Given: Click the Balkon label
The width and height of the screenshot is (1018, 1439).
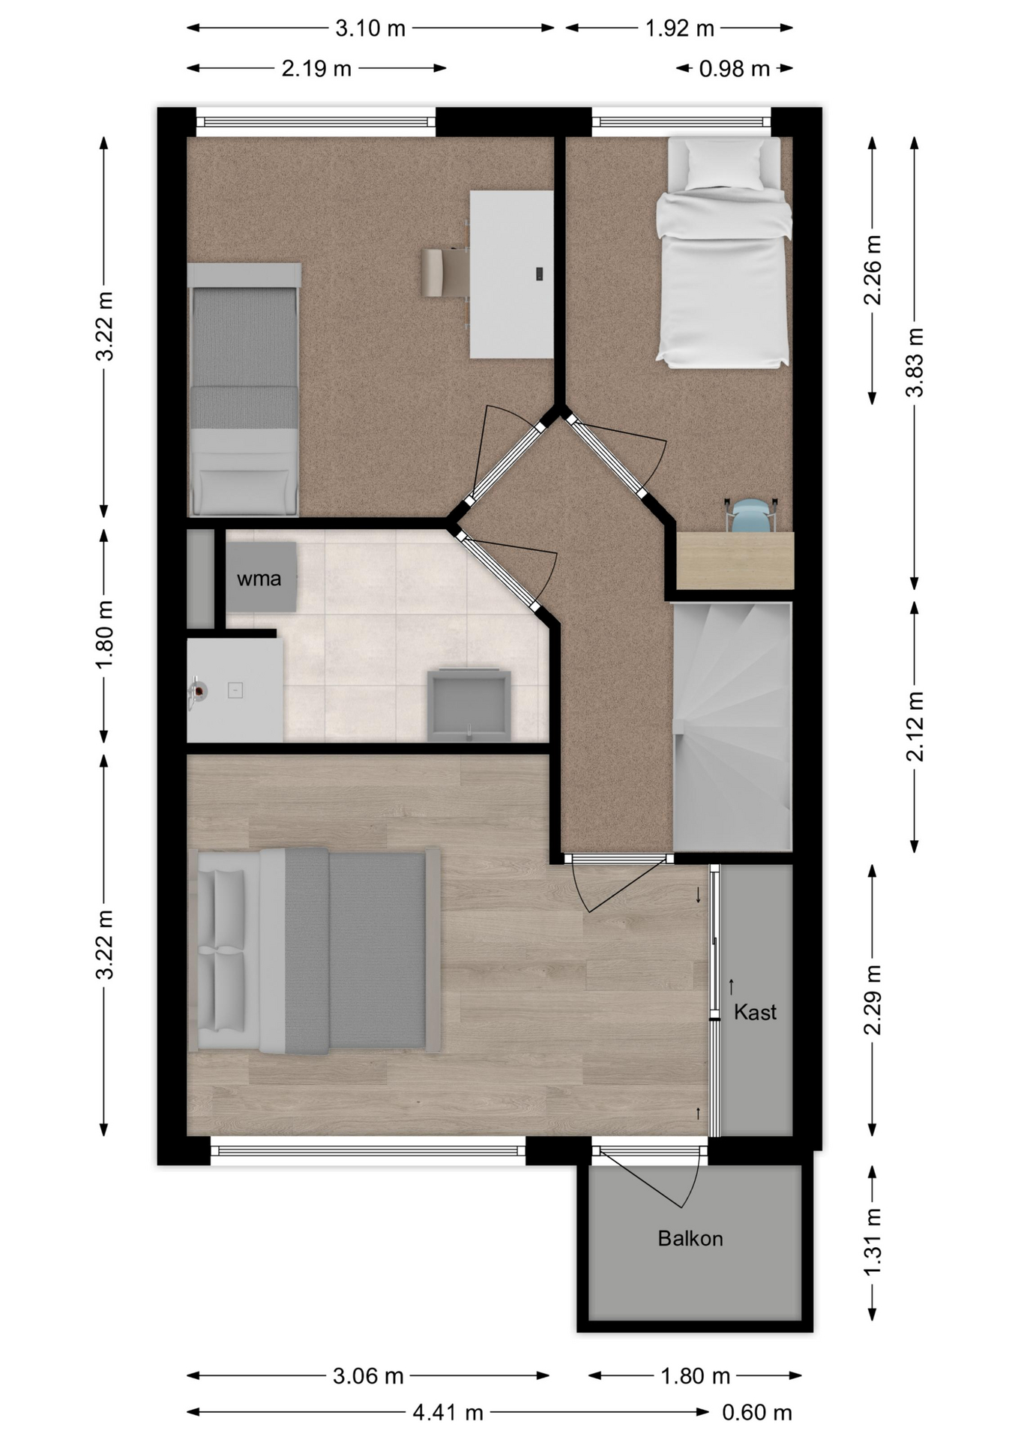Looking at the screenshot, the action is pos(690,1239).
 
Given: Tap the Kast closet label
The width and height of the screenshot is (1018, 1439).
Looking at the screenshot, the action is pos(755,1013).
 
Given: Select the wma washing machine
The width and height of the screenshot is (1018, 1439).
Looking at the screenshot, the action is pos(261,577).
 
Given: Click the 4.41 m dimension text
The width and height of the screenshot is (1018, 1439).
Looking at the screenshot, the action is pos(448,1413).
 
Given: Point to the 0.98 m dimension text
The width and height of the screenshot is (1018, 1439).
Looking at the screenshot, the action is pos(735,69).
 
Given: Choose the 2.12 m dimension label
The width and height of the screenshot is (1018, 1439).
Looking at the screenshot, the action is pos(915,726).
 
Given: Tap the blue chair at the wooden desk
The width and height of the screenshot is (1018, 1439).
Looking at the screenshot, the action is pos(751,516).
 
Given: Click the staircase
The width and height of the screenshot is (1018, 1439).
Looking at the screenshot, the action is pos(732,726).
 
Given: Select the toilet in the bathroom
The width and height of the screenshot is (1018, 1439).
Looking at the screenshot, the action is pos(469,705).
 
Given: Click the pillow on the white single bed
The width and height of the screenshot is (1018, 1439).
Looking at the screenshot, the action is pos(724,166).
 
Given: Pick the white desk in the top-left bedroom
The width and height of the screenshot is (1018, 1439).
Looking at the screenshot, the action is pos(511,274).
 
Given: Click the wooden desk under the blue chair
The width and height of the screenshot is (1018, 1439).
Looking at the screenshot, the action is pos(735,561).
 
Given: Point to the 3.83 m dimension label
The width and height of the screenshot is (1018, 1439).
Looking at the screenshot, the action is pos(915,363).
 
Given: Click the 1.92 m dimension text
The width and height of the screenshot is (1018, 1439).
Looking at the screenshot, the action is pos(680,28).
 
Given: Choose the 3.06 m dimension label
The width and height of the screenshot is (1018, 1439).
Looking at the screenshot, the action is pos(368,1376).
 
